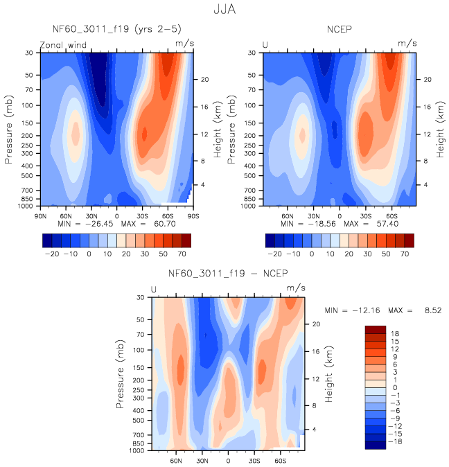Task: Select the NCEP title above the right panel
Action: pos(340,29)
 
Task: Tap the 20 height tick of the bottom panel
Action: pos(314,324)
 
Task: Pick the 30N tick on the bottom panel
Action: pos(202,459)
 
